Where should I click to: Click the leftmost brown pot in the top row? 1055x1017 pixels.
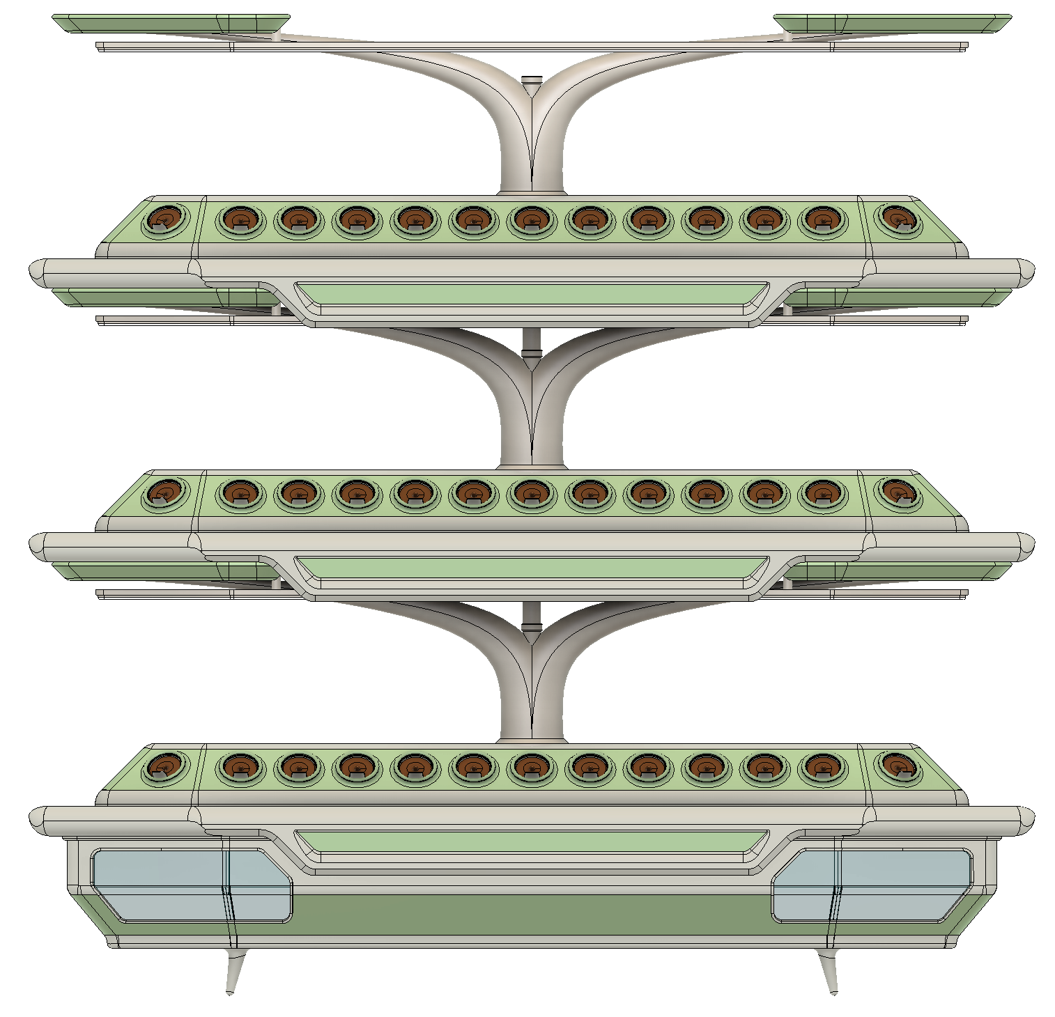(x=166, y=220)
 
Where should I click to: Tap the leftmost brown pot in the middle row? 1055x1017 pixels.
(x=166, y=492)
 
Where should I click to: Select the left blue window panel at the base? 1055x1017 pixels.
(x=188, y=883)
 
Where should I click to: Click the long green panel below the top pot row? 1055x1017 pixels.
(x=531, y=293)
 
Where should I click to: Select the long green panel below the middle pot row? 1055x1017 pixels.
(x=531, y=567)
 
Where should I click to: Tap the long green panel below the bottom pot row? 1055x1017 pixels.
(x=531, y=841)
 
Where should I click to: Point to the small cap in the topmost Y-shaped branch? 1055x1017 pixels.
(x=532, y=88)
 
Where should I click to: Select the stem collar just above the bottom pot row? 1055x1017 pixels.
(x=532, y=738)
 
